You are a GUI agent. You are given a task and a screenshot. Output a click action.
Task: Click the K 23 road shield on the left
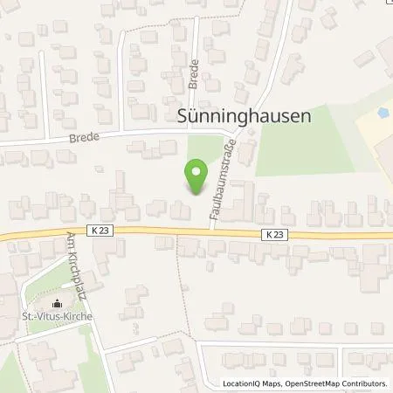[x=99, y=230]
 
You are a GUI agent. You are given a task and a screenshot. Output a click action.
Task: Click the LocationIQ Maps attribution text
[x=249, y=383]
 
